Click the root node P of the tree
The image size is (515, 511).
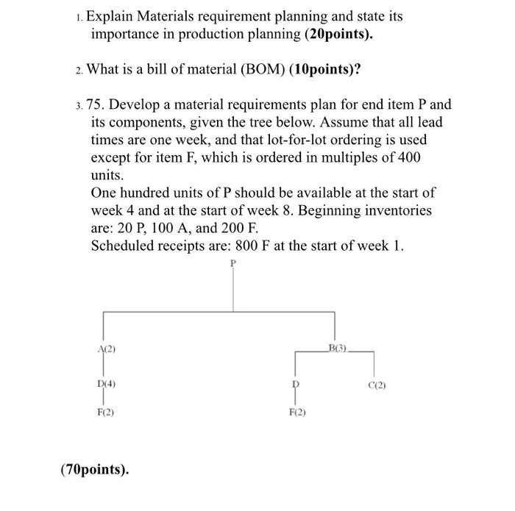234,262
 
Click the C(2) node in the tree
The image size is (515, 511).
376,385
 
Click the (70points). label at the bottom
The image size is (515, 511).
94,468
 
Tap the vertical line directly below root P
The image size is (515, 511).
234,290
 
